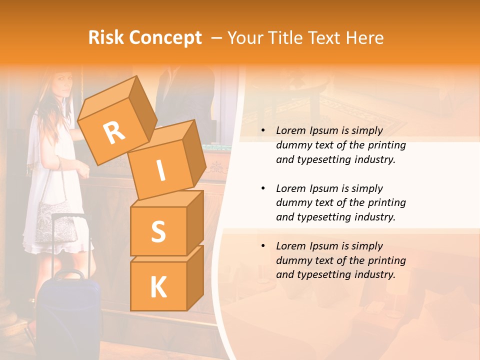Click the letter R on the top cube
tap(114, 133)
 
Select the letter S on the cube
tap(158, 231)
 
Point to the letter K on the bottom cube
tap(158, 287)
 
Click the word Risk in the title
tap(105, 37)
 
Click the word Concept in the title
tap(165, 38)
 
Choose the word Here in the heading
tap(362, 37)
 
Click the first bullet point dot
tap(263, 130)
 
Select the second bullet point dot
tap(263, 188)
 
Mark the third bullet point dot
tap(263, 246)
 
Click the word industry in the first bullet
tap(375, 159)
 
